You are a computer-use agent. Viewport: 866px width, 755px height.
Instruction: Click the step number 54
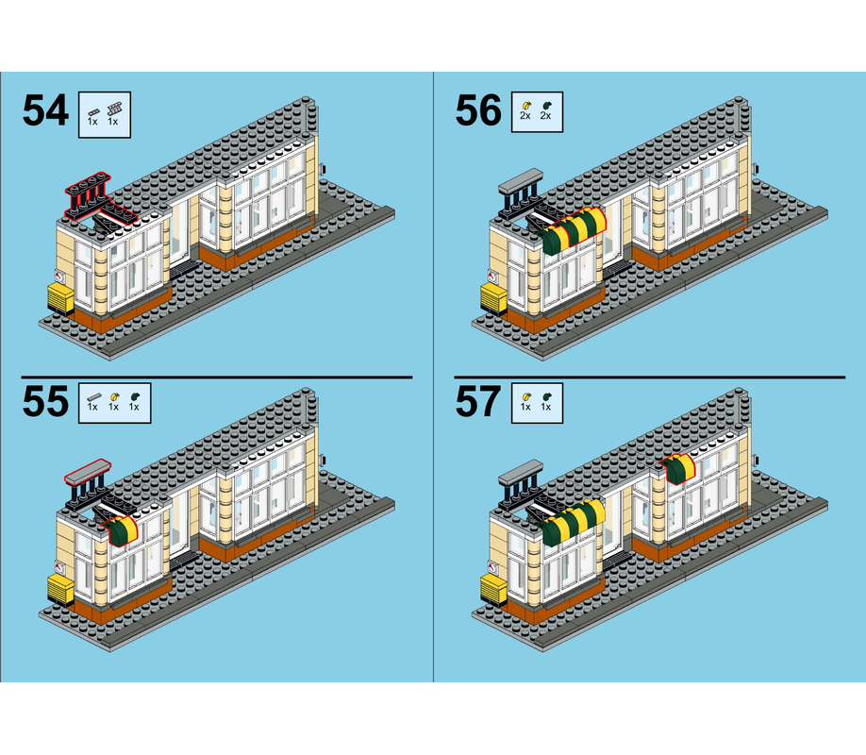45,111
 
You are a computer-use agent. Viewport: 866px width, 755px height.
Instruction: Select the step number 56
478,111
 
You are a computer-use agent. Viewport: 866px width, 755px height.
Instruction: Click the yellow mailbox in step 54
58,298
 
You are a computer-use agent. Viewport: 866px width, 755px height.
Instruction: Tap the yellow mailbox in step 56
492,298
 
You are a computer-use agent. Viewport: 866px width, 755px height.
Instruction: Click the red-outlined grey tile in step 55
87,468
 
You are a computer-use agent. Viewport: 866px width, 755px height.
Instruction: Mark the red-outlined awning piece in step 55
123,530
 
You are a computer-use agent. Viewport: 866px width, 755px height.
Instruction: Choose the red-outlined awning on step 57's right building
679,466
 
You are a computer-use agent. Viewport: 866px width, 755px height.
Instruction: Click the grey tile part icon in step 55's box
92,394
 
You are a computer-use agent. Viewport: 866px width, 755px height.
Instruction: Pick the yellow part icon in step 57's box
525,394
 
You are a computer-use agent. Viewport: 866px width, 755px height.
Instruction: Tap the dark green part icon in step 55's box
134,394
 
